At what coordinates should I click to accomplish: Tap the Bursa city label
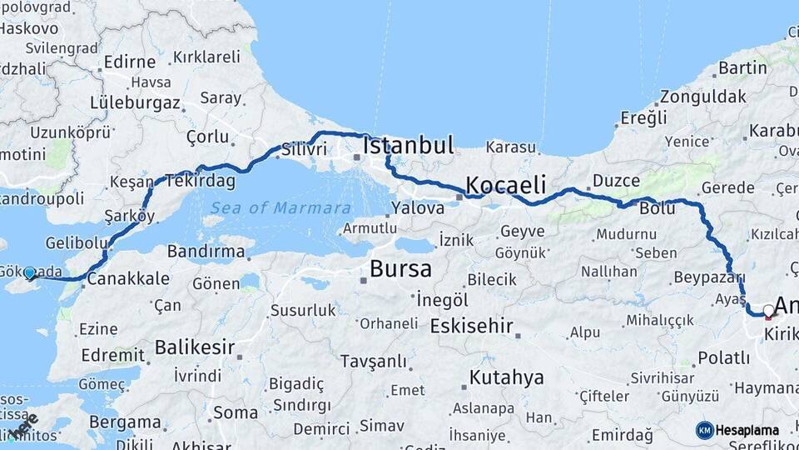(x=400, y=269)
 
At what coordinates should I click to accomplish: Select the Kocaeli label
(x=505, y=184)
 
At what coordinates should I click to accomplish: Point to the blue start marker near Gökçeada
(x=30, y=272)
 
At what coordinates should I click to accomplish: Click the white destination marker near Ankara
(x=768, y=311)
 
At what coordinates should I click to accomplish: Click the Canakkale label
(x=128, y=278)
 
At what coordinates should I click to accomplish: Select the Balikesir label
(x=194, y=346)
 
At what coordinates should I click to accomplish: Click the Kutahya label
(x=506, y=377)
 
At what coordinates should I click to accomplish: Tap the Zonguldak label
(x=703, y=96)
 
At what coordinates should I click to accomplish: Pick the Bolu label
(x=658, y=208)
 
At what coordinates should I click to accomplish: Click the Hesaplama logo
(x=737, y=430)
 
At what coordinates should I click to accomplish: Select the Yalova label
(x=417, y=207)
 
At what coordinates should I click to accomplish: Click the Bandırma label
(x=206, y=251)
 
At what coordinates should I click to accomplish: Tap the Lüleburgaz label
(x=135, y=103)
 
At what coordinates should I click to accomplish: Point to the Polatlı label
(x=723, y=357)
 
